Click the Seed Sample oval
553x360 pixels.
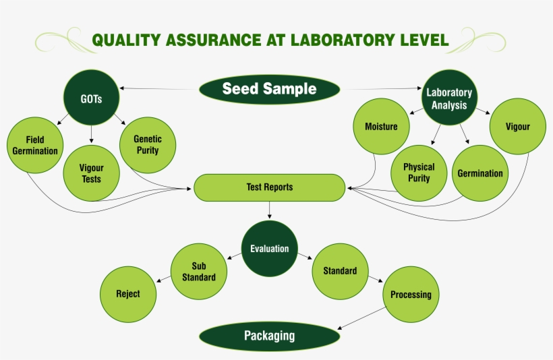tap(269, 89)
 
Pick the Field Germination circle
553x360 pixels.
tap(35, 146)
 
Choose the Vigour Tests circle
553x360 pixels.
tap(91, 173)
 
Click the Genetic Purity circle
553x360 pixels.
tap(147, 144)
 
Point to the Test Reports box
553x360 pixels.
tap(269, 187)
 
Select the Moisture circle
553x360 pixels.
tap(381, 127)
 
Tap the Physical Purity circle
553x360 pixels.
tap(419, 173)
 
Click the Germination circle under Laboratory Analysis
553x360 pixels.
tap(479, 173)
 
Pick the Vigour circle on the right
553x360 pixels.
tap(518, 127)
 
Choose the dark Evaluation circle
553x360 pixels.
tap(269, 249)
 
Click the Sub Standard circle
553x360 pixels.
tap(199, 272)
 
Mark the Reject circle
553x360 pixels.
tap(127, 294)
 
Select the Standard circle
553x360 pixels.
tap(340, 271)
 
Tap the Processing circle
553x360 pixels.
tap(411, 295)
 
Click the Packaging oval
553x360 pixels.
tap(269, 336)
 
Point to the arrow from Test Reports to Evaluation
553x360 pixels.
tap(269, 210)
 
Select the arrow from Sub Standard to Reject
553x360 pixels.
tap(163, 278)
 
